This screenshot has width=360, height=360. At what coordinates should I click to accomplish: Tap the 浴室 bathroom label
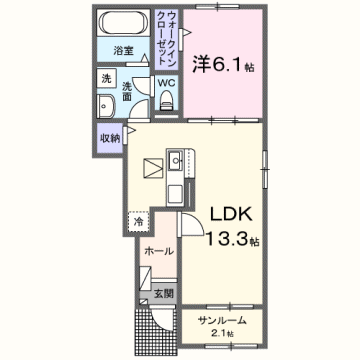123,49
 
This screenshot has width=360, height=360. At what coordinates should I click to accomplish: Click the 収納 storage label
110,138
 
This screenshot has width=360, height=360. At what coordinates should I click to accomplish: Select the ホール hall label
158,251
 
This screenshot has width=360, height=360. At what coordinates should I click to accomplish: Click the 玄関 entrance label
163,293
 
